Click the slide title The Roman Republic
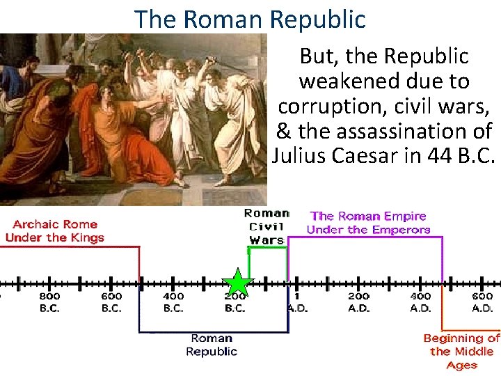pyautogui.click(x=250, y=19)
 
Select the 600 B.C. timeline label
pyautogui.click(x=111, y=301)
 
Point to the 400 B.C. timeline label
pyautogui.click(x=173, y=301)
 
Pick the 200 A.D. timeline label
pyautogui.click(x=358, y=301)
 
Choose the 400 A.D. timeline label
pyautogui.click(x=420, y=301)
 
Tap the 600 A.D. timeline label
pyautogui.click(x=482, y=301)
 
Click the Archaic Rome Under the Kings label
pyautogui.click(x=54, y=230)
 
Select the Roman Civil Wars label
pyautogui.click(x=267, y=226)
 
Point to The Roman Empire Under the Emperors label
pyautogui.click(x=368, y=223)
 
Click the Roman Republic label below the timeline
pyautogui.click(x=212, y=345)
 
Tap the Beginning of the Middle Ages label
pyautogui.click(x=461, y=351)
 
